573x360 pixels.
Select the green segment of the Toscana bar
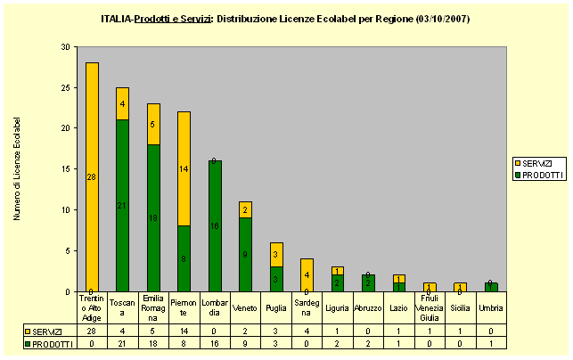point(122,205)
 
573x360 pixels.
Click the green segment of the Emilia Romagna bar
point(153,217)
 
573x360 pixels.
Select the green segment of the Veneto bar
point(246,254)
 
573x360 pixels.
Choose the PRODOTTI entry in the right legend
point(537,175)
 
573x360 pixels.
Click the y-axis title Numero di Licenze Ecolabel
point(17,168)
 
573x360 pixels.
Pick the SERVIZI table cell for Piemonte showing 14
point(184,331)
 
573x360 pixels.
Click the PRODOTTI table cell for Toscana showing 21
point(123,342)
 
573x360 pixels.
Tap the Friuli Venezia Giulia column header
point(430,308)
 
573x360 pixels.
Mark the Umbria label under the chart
point(491,308)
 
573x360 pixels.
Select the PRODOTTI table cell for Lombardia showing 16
point(215,342)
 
